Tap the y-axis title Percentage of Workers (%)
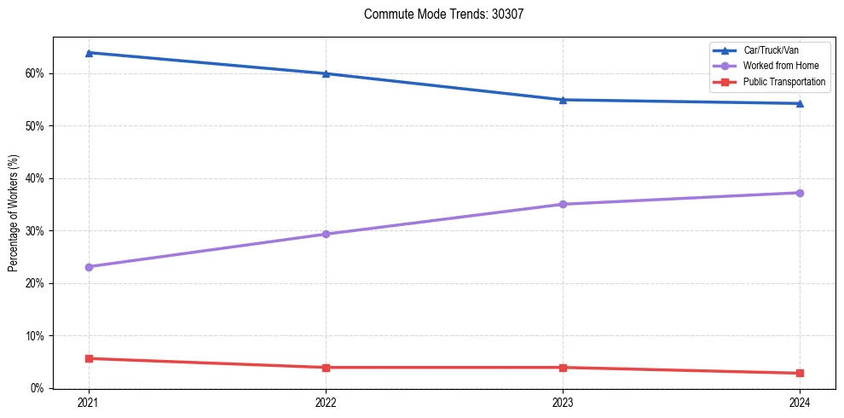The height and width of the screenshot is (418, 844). click(x=13, y=213)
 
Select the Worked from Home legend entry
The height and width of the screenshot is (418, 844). click(x=780, y=66)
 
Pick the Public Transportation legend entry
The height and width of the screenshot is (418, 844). click(x=784, y=82)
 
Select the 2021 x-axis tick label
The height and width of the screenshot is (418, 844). click(x=89, y=402)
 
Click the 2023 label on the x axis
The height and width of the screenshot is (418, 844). click(x=563, y=402)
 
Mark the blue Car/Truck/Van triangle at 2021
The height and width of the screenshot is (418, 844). click(x=89, y=53)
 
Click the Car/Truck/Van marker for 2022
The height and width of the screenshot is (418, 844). click(x=326, y=73)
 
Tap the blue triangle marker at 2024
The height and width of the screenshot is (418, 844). click(x=800, y=103)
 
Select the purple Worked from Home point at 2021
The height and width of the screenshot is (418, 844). click(x=89, y=267)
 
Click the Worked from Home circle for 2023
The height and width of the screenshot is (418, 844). click(x=563, y=204)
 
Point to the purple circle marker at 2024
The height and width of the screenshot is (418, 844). click(x=800, y=193)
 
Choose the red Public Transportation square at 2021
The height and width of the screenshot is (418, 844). click(x=89, y=358)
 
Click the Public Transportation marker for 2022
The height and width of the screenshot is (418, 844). click(x=326, y=368)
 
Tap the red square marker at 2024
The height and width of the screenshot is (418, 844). click(x=800, y=373)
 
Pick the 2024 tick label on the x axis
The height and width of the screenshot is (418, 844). click(x=800, y=402)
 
